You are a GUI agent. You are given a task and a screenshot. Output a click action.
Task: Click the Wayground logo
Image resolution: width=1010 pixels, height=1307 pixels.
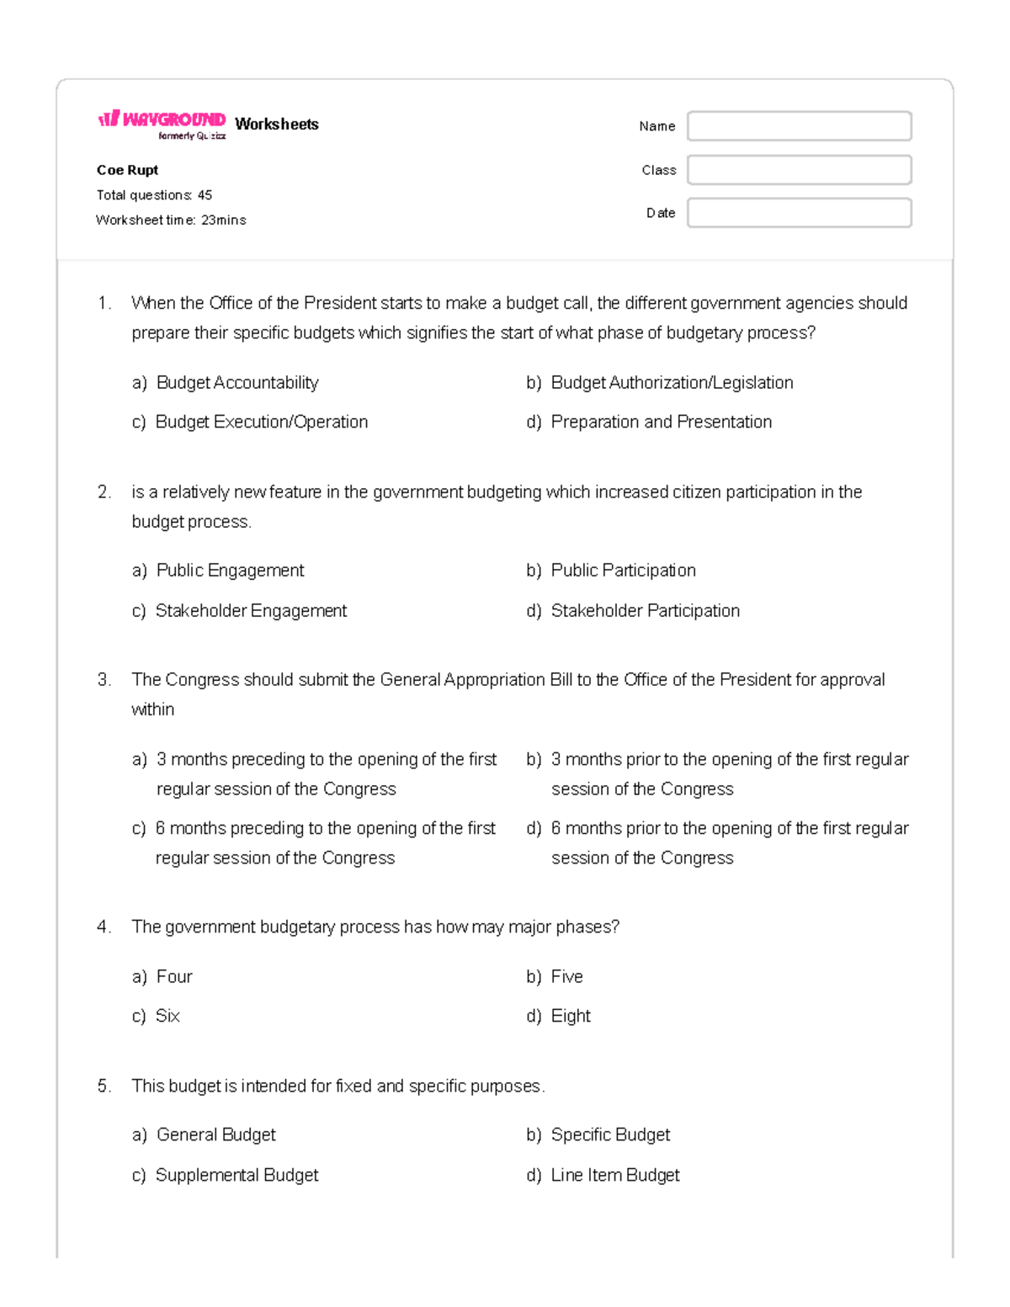[x=162, y=123]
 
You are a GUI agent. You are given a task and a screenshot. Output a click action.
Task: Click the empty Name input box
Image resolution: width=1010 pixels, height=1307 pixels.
[x=799, y=126]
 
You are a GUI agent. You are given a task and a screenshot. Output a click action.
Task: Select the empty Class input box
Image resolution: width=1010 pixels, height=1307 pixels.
[x=799, y=170]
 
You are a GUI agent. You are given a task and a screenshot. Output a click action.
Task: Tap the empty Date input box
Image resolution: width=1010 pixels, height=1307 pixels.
[x=799, y=213]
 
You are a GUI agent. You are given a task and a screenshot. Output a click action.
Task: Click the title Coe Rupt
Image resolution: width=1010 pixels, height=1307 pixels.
[x=127, y=170]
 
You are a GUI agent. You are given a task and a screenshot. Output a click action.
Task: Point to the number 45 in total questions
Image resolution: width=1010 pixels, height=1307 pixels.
[x=205, y=195]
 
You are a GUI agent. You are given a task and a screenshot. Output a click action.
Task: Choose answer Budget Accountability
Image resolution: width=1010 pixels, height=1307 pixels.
[x=237, y=383]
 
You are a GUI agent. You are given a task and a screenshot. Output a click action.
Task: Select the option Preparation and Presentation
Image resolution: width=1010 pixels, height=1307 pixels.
[x=661, y=422]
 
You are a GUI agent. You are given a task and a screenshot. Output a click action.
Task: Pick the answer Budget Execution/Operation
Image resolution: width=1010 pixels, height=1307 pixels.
[x=261, y=422]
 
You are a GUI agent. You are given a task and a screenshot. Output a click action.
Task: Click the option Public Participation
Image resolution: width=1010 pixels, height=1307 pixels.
[x=623, y=571]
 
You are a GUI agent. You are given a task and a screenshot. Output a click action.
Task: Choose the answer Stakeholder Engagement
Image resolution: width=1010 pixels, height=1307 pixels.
[x=251, y=611]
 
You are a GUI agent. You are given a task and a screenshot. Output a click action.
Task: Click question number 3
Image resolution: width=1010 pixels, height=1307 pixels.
[x=104, y=680]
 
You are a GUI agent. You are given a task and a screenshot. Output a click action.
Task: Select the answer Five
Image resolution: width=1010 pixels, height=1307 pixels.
[x=566, y=977]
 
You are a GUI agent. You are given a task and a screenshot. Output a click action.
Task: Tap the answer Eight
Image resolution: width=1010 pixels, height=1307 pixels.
[x=570, y=1017]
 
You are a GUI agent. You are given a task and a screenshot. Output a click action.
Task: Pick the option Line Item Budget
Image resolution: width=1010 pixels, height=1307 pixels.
[x=614, y=1176]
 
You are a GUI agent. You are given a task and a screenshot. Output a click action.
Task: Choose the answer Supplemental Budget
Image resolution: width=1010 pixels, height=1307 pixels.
[x=237, y=1176]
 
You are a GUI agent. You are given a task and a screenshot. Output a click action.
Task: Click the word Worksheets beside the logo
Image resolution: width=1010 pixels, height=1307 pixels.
[x=277, y=125]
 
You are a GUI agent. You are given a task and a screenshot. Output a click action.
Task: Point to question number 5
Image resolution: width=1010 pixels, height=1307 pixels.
[x=104, y=1087]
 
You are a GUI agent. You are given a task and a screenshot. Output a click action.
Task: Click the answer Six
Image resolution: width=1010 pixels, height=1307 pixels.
[x=167, y=1017]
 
